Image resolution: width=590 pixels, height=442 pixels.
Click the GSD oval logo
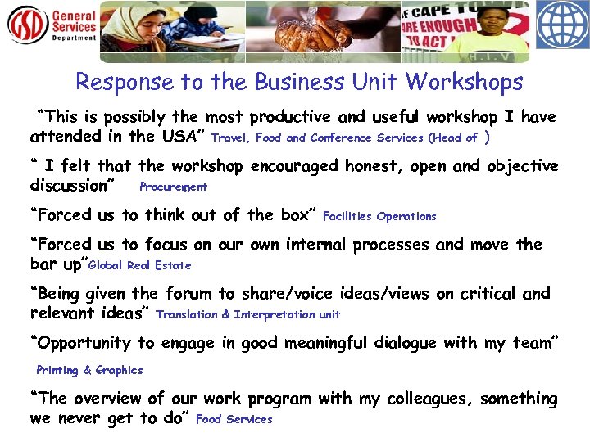click(28, 25)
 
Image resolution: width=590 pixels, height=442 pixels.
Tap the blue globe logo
click(562, 25)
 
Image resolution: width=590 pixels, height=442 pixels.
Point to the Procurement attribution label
click(174, 187)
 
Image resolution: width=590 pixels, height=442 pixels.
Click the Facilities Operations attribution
click(379, 217)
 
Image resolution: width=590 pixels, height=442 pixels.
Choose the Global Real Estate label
click(139, 266)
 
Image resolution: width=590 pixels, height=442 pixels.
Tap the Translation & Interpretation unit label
click(247, 315)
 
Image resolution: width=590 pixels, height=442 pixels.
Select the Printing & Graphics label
click(89, 371)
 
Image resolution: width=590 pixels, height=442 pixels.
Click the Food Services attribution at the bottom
click(234, 420)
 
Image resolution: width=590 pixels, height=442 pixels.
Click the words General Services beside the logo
click(75, 22)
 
